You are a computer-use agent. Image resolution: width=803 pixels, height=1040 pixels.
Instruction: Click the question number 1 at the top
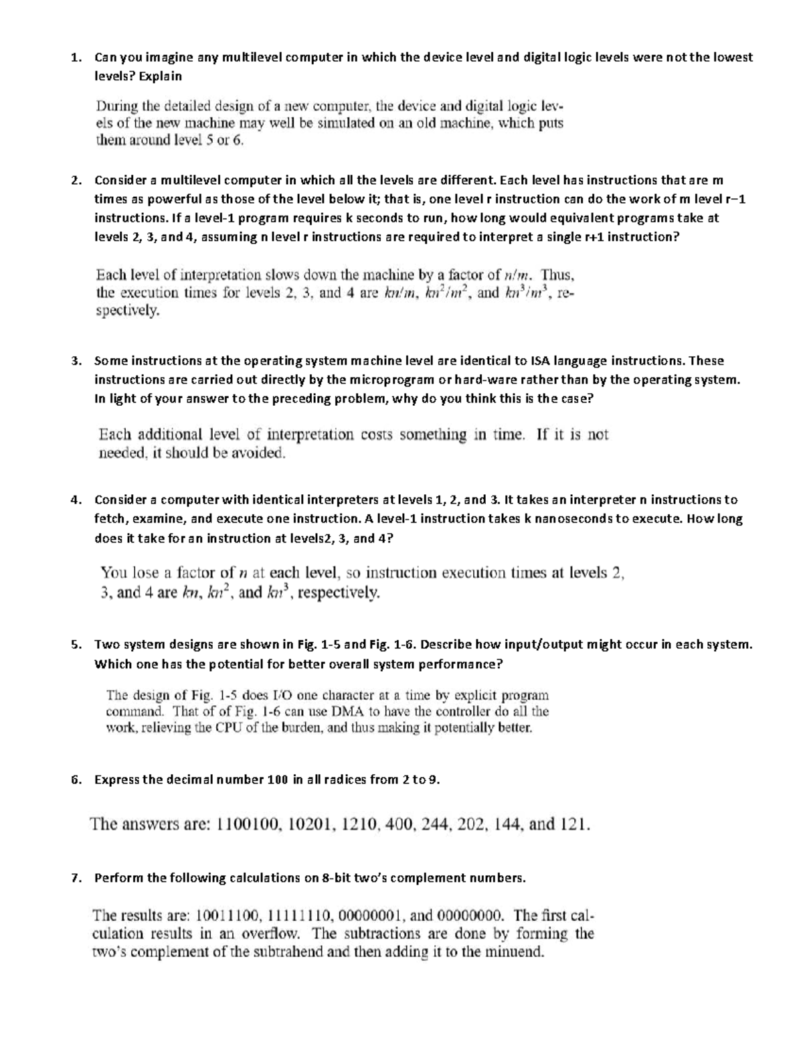click(74, 58)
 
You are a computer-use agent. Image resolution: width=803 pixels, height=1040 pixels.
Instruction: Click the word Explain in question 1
click(160, 76)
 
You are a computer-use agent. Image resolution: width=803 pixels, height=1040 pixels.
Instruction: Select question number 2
click(74, 180)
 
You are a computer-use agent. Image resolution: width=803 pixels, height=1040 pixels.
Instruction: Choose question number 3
click(74, 361)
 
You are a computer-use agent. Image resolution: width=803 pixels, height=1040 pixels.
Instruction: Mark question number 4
click(74, 500)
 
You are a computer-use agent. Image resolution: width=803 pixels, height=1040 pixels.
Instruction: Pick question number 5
click(74, 645)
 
